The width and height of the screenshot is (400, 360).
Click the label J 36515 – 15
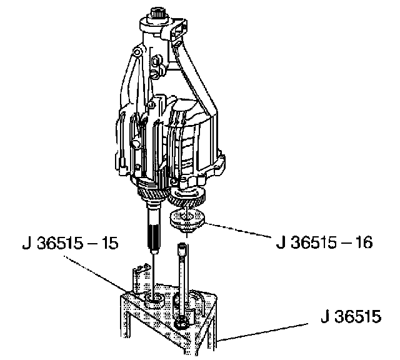[x=71, y=243]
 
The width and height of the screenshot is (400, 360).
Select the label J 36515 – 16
[x=324, y=242]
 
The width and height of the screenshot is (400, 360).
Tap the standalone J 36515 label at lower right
[x=351, y=317]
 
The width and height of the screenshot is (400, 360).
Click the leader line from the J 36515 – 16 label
[x=237, y=231]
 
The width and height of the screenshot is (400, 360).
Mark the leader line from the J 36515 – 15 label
[x=96, y=274]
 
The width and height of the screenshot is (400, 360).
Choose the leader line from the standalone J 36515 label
[x=262, y=332]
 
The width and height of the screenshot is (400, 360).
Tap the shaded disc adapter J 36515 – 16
[x=187, y=219]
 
